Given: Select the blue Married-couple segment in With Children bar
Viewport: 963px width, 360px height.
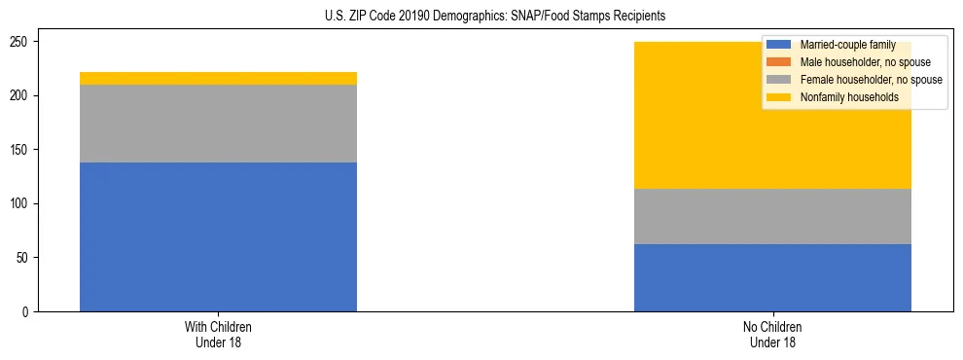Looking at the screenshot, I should coord(218,236).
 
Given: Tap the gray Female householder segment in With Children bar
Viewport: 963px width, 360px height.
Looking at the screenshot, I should coord(218,124).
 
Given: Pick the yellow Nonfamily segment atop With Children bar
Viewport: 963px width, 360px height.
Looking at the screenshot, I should coord(218,78).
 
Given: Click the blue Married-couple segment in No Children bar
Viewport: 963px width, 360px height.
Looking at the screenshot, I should coord(772,277).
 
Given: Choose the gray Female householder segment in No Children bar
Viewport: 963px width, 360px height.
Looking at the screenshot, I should coord(772,216).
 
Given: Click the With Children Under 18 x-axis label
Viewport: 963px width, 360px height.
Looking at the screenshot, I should coord(218,334).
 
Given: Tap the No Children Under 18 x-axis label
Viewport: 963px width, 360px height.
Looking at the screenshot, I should coord(772,334).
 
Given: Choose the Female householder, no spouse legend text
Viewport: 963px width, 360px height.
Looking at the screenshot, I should coord(871,80).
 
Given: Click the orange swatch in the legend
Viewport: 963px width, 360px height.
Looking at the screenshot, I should coord(779,62).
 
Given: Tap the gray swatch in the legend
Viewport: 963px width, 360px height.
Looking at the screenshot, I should coord(779,80).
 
